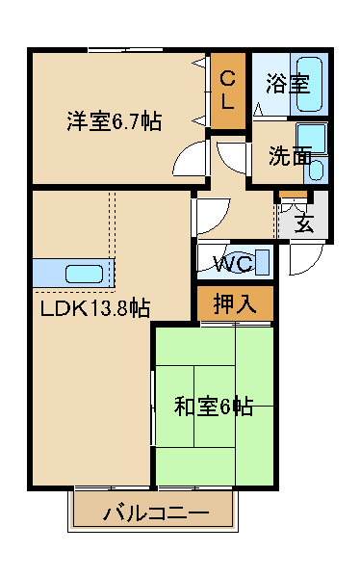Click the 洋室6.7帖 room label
pyautogui.click(x=115, y=120)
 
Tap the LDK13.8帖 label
pyautogui.click(x=94, y=308)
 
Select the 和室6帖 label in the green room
pyautogui.click(x=214, y=407)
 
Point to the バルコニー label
pyautogui.click(x=156, y=512)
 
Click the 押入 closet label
pyautogui.click(x=235, y=303)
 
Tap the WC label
pyautogui.click(x=233, y=263)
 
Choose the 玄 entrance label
pyautogui.click(x=304, y=223)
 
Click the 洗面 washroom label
pyautogui.click(x=290, y=156)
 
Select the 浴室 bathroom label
pyautogui.click(x=288, y=83)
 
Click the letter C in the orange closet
pyautogui.click(x=227, y=79)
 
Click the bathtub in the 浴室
pyautogui.click(x=309, y=85)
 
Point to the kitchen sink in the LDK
pyautogui.click(x=84, y=275)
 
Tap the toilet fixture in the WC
pyautogui.click(x=259, y=262)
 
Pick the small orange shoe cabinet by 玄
pyautogui.click(x=293, y=194)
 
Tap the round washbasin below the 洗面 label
pyautogui.click(x=316, y=170)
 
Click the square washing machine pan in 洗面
pyautogui.click(x=312, y=138)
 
